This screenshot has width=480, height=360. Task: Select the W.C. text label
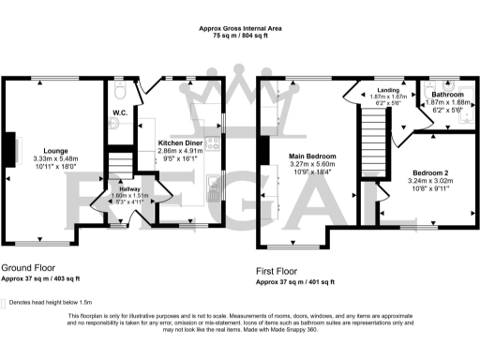(120, 112)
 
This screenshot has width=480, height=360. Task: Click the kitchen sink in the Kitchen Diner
(214, 194)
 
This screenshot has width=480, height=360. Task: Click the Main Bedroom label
(313, 156)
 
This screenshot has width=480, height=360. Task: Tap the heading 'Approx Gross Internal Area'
(240, 28)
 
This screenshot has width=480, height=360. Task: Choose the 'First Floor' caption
(281, 272)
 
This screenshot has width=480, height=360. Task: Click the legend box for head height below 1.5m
(4, 303)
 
